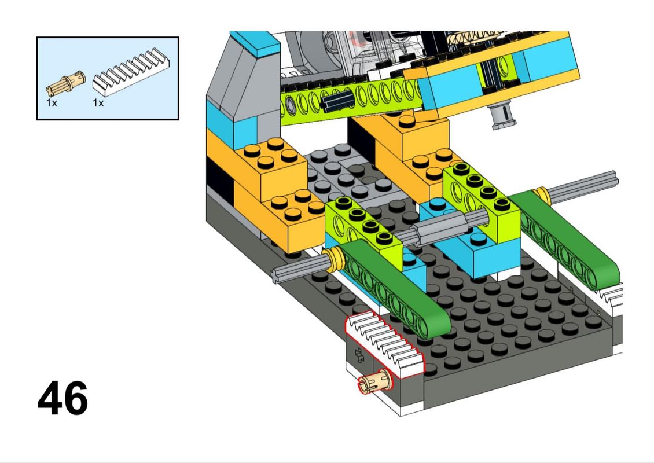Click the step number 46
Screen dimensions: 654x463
pyautogui.click(x=63, y=398)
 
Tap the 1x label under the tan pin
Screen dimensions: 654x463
pyautogui.click(x=52, y=102)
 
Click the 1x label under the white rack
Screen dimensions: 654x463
pyautogui.click(x=98, y=102)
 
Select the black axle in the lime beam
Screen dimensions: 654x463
pyautogui.click(x=336, y=101)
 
